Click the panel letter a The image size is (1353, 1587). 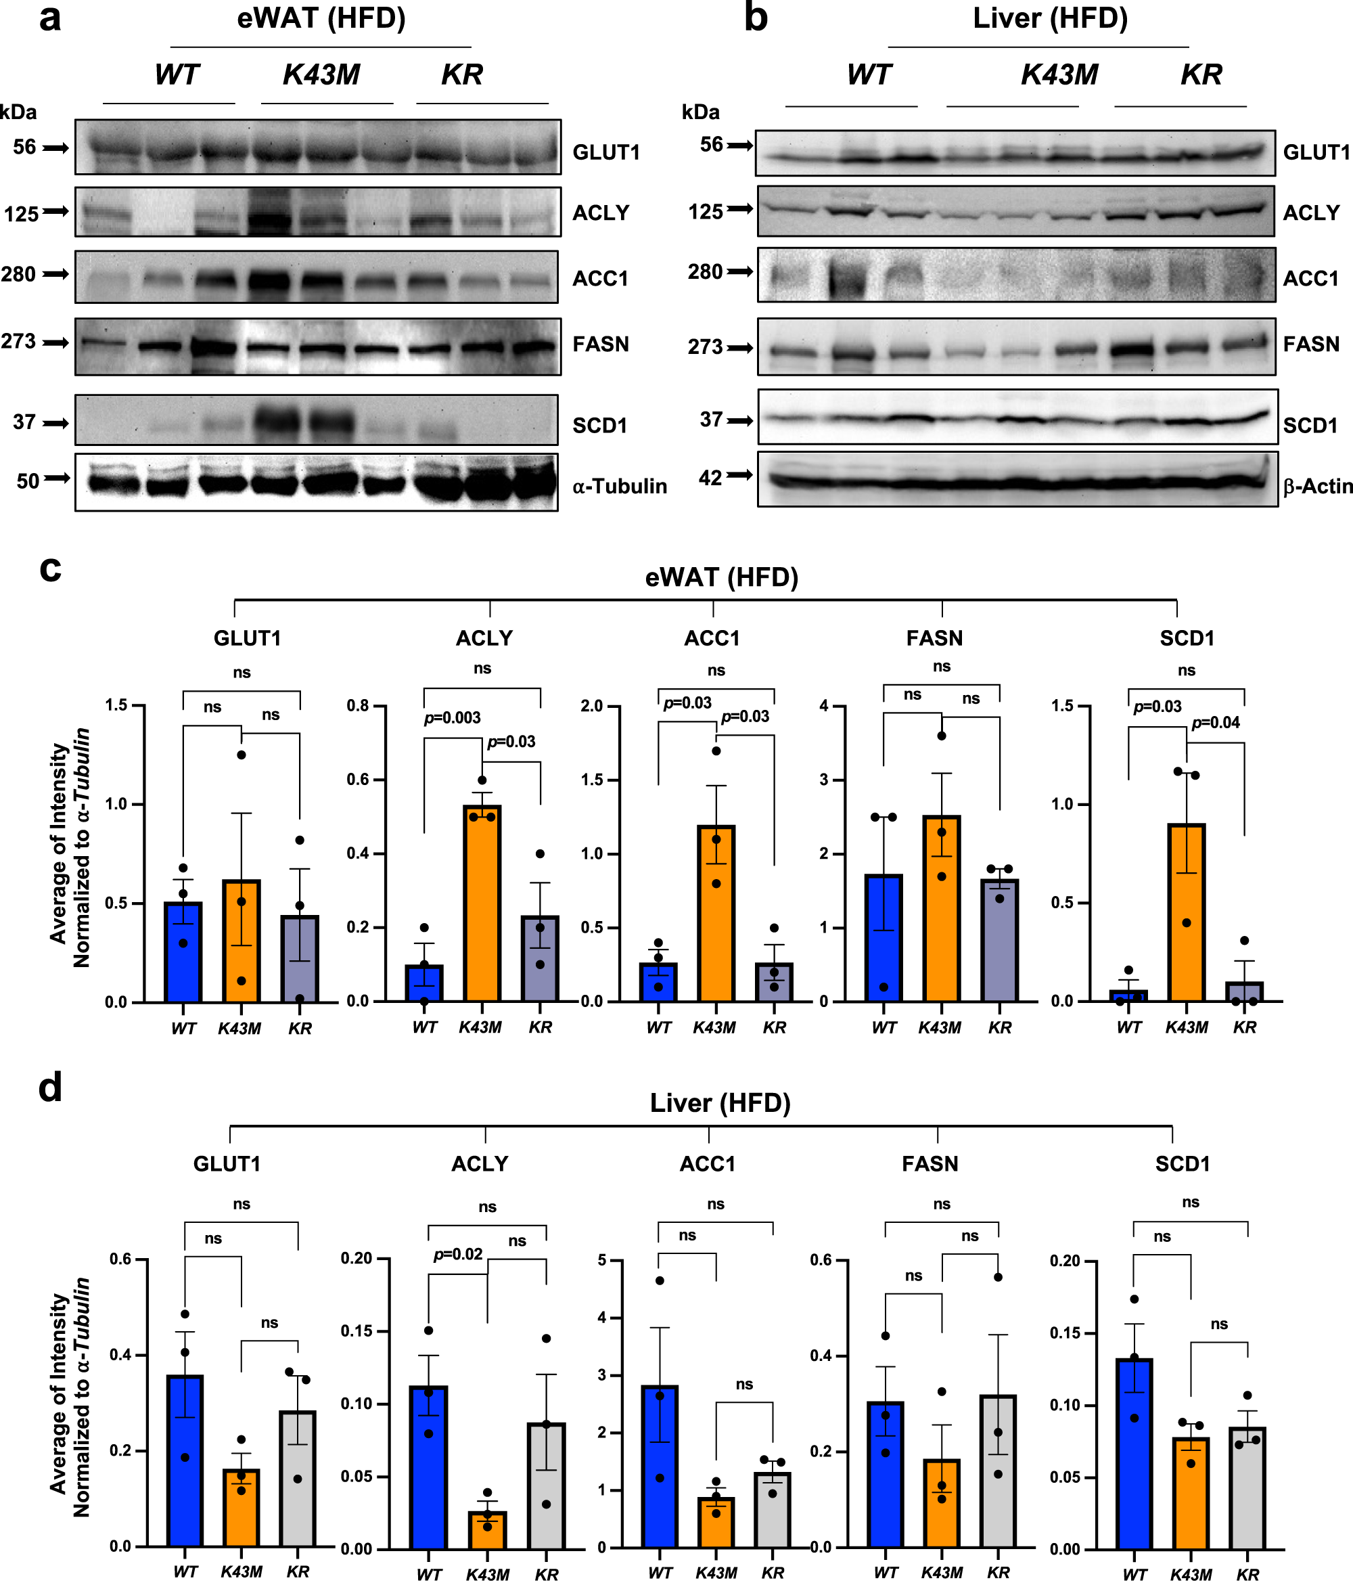[x=50, y=18]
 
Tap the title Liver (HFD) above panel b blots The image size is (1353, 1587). [x=1050, y=18]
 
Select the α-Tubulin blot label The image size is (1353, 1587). [x=619, y=487]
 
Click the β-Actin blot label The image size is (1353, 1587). [x=1317, y=487]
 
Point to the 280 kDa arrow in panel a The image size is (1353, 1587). [x=55, y=274]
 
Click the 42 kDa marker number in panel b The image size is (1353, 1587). [x=710, y=478]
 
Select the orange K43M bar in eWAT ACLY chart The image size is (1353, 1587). [x=482, y=903]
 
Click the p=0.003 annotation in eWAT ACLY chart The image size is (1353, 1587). [x=452, y=717]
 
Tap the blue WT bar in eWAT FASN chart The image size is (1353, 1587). [x=884, y=938]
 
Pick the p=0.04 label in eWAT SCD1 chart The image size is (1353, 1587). [x=1215, y=723]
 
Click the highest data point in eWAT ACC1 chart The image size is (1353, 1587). [x=716, y=751]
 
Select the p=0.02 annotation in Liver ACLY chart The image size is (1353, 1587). [x=458, y=1255]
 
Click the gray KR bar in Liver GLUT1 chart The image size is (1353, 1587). [x=298, y=1478]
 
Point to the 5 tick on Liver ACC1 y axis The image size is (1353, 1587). [x=602, y=1260]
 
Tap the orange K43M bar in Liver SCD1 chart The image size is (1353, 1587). [x=1191, y=1493]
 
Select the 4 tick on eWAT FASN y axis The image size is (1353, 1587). [x=824, y=705]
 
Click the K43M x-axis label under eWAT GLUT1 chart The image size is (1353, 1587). [x=239, y=1029]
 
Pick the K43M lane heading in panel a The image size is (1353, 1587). [x=321, y=75]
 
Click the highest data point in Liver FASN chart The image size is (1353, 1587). [x=998, y=1278]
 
